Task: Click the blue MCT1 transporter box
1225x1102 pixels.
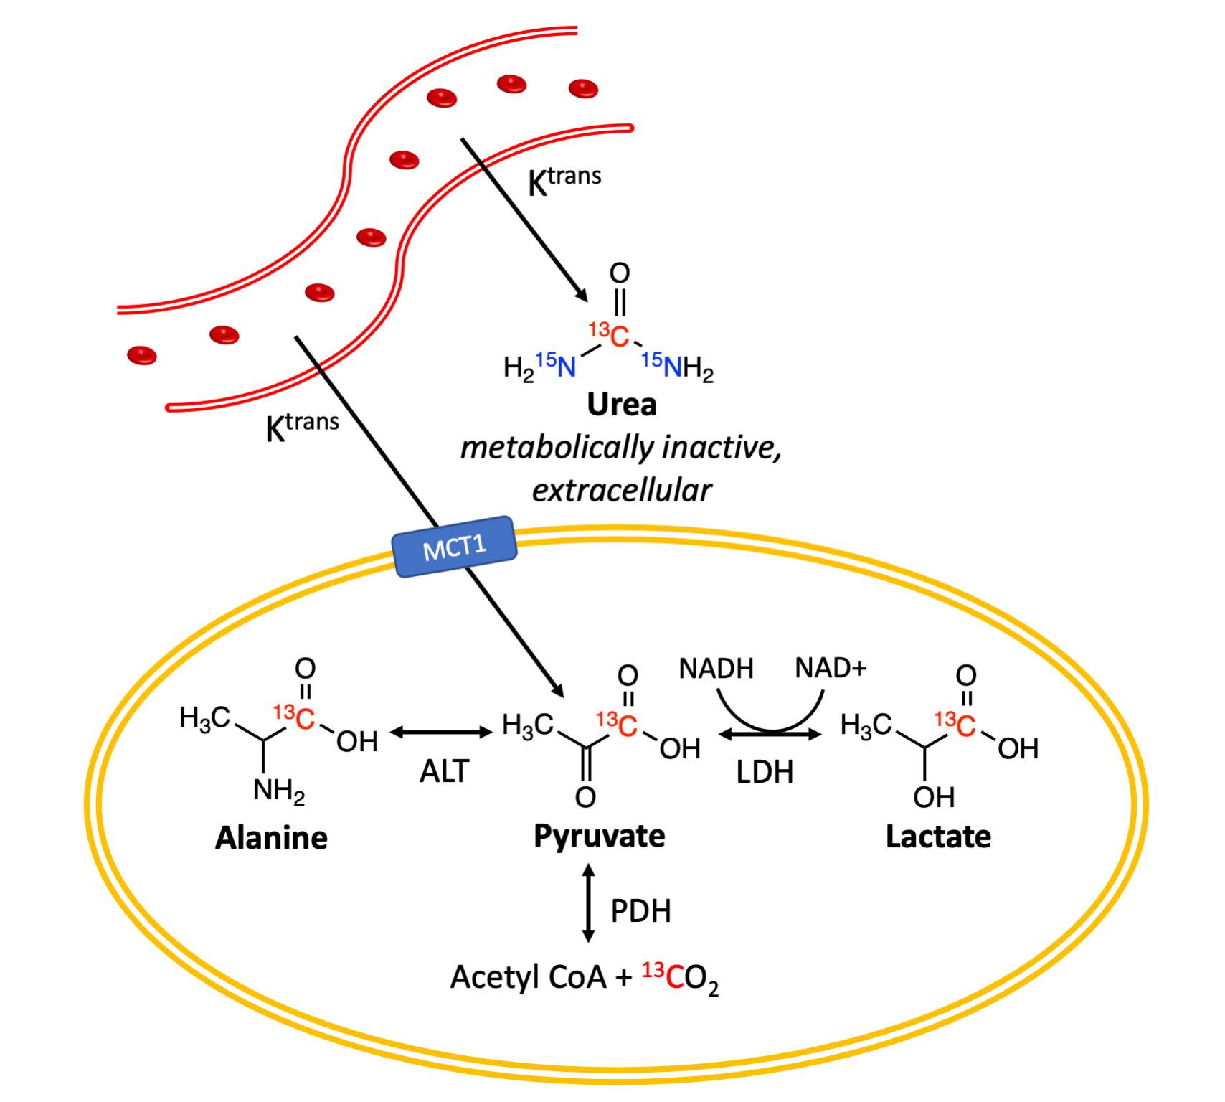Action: point(455,547)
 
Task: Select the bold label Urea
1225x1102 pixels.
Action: point(621,405)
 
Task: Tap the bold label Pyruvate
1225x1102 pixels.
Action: point(599,837)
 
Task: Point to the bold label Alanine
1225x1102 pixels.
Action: point(271,838)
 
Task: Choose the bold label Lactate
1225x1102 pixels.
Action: point(938,837)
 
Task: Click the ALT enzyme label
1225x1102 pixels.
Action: point(444,772)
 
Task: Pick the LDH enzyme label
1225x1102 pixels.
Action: point(765,773)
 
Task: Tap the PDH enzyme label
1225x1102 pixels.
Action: point(640,911)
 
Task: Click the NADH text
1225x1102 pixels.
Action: point(716,669)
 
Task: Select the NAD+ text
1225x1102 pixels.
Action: point(831,668)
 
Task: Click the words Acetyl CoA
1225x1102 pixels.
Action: point(529,977)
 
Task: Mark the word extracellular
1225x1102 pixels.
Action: point(621,491)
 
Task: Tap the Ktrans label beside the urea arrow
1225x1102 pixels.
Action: point(564,179)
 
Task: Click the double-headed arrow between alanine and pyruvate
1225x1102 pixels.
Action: point(441,733)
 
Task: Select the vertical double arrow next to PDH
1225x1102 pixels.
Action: point(588,903)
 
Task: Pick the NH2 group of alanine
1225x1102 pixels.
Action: point(279,791)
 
